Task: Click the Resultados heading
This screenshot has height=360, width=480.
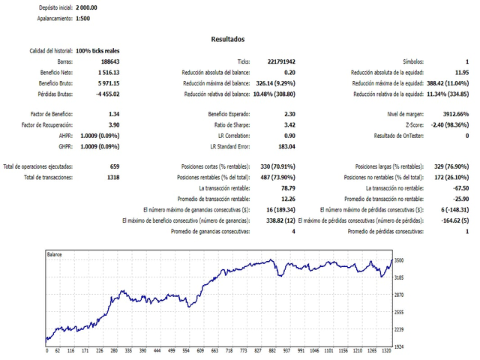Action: point(227,39)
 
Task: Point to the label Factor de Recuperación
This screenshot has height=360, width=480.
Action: point(52,124)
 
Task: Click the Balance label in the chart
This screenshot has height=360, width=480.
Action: point(55,255)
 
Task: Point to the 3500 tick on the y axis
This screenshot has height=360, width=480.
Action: point(399,260)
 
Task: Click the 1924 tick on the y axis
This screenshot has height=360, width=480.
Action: point(399,346)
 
